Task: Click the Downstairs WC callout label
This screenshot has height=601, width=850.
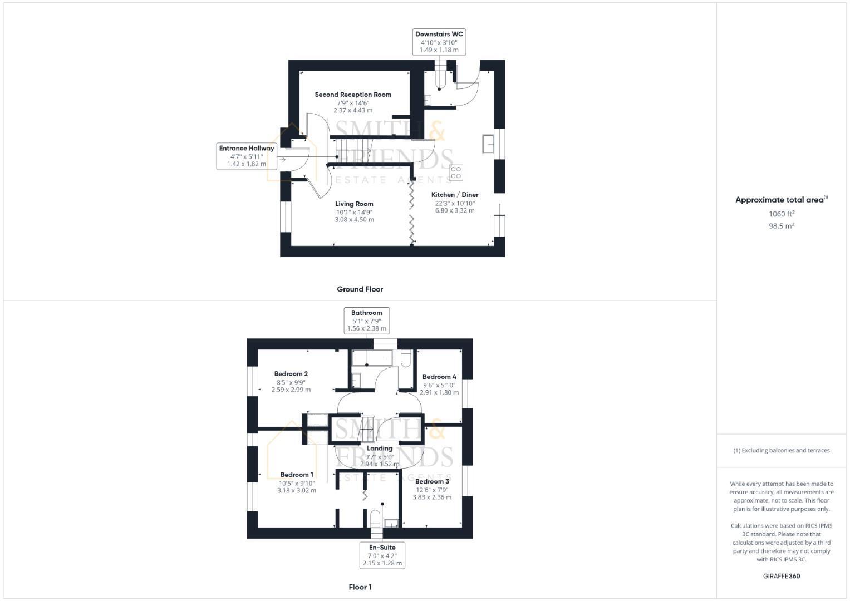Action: click(x=439, y=42)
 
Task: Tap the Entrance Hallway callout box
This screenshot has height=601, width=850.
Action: click(x=247, y=156)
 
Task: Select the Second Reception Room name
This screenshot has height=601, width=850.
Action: click(x=353, y=95)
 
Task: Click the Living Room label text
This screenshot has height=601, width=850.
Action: click(x=354, y=204)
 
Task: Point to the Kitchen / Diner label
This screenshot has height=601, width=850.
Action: click(x=455, y=195)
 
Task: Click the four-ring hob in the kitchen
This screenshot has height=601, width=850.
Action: click(x=456, y=173)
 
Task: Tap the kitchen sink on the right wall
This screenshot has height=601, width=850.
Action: click(x=489, y=144)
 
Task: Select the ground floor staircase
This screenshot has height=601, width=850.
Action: click(x=353, y=149)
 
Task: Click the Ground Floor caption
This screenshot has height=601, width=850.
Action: click(x=360, y=289)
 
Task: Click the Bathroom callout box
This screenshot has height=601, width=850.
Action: click(x=366, y=321)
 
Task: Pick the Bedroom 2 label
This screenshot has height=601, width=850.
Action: click(x=291, y=374)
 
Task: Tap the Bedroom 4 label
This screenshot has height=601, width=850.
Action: click(x=439, y=377)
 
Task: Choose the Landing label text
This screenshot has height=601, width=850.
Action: click(x=380, y=449)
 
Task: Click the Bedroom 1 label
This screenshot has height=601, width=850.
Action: click(x=297, y=475)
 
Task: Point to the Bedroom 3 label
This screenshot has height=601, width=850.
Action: click(x=432, y=481)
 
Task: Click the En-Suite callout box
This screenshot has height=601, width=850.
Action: click(x=382, y=555)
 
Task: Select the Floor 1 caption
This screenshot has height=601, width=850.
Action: click(x=360, y=587)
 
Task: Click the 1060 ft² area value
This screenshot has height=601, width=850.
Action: click(x=781, y=214)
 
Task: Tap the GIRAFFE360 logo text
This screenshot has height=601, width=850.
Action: click(x=781, y=576)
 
